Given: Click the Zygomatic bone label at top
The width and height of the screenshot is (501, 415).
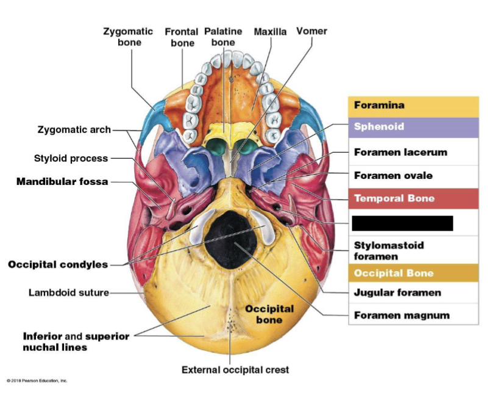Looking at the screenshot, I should (129, 37).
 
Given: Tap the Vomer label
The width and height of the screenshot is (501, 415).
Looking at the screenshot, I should (311, 31).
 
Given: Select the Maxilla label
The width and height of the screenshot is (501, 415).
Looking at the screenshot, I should (270, 31).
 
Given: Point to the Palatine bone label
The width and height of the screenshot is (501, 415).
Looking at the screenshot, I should (223, 37).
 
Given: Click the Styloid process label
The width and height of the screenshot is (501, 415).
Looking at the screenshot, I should (71, 159).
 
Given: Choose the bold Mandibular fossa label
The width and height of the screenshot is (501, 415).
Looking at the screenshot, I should (62, 182).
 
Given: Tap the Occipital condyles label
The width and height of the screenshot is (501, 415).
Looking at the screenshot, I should (58, 264).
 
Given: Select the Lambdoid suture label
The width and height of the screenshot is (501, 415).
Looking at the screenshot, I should (68, 292).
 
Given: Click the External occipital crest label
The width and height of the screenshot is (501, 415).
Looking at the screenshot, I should (235, 370).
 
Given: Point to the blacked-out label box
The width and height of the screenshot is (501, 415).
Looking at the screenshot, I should (402, 223).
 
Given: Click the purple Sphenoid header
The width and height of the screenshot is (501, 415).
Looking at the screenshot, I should (413, 127).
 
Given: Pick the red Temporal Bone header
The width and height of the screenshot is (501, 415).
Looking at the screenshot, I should (413, 198).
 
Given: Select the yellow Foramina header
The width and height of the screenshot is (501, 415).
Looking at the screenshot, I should (413, 106).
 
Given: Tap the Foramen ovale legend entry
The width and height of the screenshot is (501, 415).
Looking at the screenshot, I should (393, 176).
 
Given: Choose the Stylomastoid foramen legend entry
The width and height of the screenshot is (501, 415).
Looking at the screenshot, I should (389, 250).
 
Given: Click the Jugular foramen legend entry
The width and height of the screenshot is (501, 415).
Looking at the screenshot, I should (397, 293).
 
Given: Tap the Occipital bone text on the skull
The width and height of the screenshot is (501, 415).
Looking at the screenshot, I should (269, 314).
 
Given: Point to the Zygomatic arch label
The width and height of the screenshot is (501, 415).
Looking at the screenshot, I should (74, 129).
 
